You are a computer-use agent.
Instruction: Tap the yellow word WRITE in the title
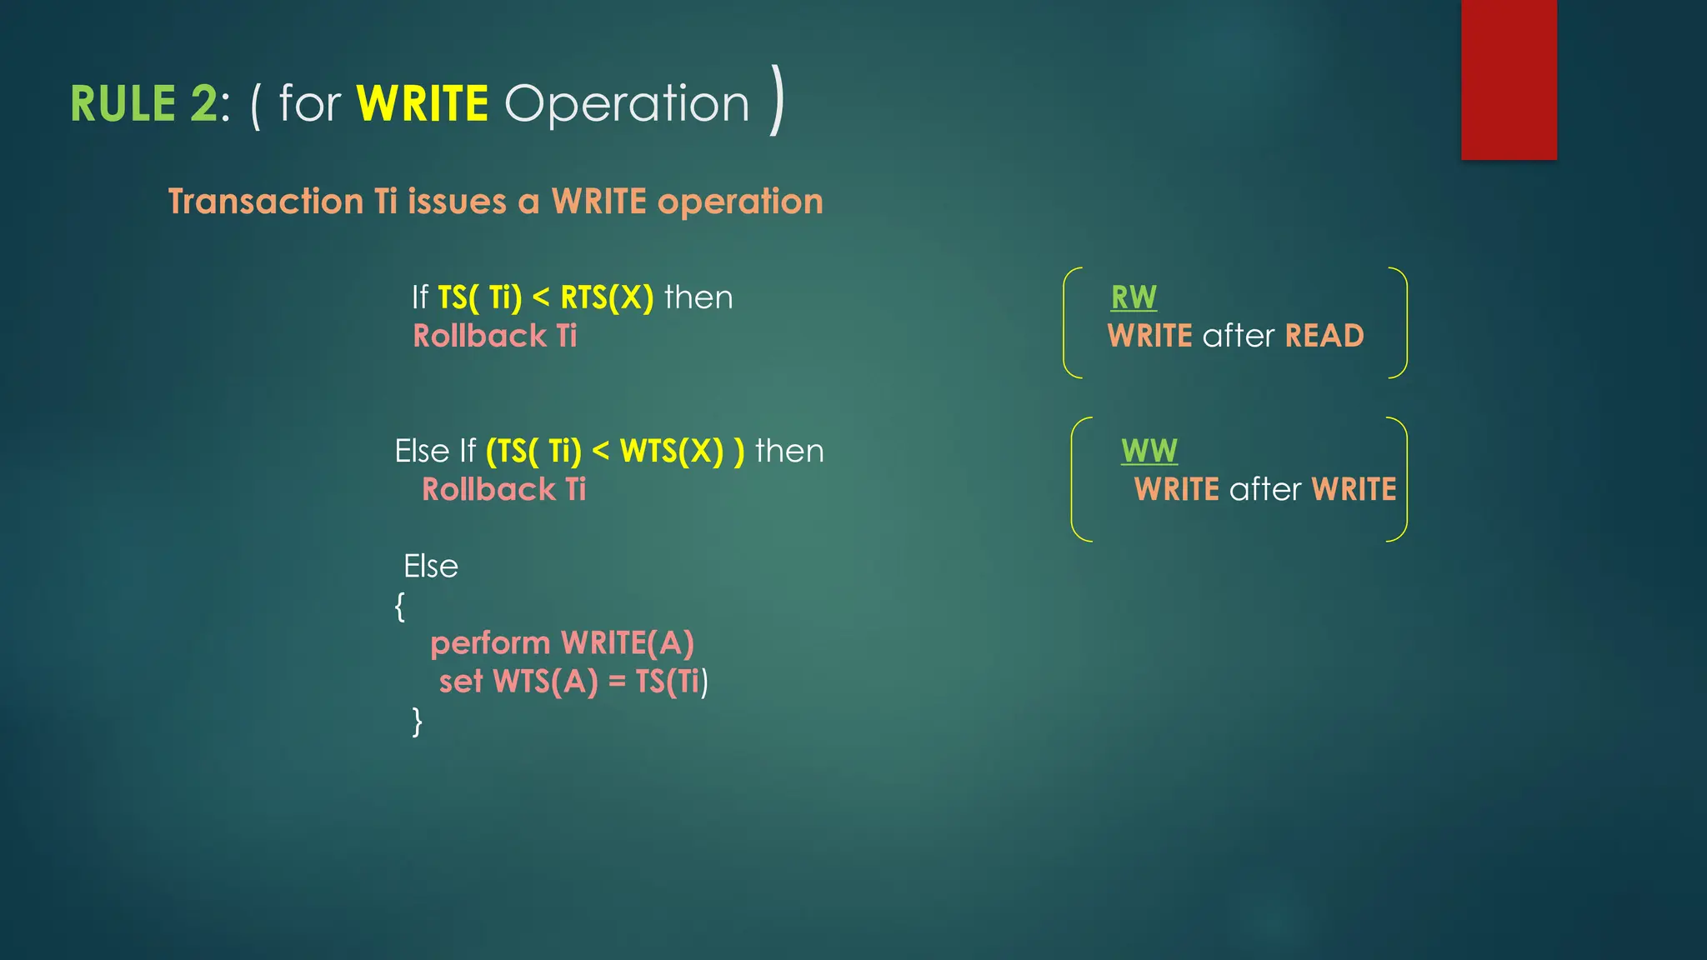[422, 104]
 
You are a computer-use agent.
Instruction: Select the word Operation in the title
[627, 105]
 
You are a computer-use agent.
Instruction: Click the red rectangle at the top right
[1508, 79]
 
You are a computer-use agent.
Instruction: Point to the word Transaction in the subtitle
[266, 202]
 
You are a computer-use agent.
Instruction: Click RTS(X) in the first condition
[607, 297]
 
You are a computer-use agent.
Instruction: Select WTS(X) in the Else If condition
[672, 451]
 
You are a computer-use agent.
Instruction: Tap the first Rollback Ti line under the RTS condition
[495, 336]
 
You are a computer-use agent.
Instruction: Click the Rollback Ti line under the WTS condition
[503, 489]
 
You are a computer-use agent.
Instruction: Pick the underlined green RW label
[1134, 297]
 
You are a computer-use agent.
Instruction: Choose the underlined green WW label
[1149, 451]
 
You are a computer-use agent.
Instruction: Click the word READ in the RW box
[1324, 336]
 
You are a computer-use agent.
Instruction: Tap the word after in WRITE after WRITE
[1264, 489]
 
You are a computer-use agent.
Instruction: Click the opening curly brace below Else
[400, 606]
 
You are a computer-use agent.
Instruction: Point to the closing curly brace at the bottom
[417, 721]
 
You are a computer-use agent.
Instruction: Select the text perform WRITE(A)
[562, 643]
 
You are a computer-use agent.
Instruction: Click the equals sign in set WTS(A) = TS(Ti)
[617, 682]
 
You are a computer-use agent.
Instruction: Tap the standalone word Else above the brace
[431, 567]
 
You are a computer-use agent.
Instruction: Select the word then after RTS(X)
[698, 297]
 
